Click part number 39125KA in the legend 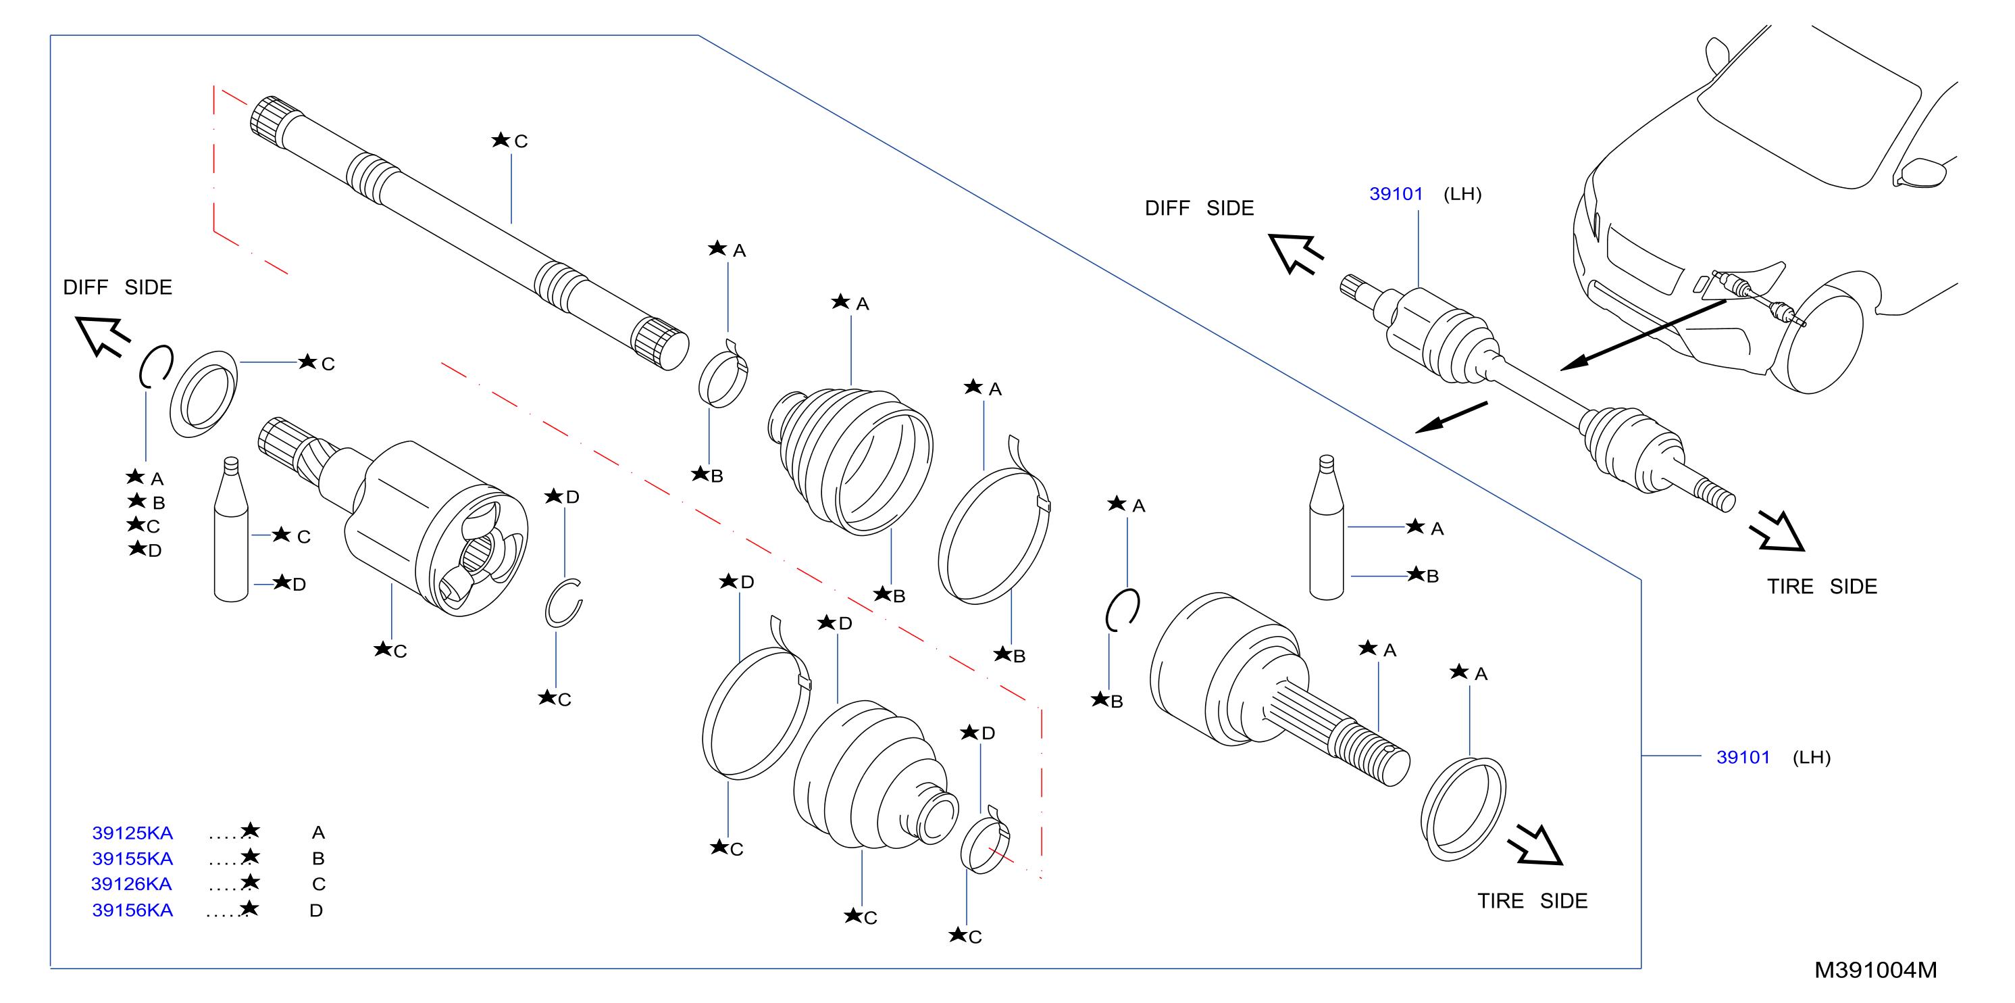pyautogui.click(x=132, y=833)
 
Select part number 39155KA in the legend pyautogui.click(x=132, y=858)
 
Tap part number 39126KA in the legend pyautogui.click(x=132, y=884)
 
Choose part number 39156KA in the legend pyautogui.click(x=132, y=910)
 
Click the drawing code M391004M pyautogui.click(x=1875, y=970)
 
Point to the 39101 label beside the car pyautogui.click(x=1396, y=194)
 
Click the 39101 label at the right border pyautogui.click(x=1743, y=758)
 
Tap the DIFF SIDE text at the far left pyautogui.click(x=118, y=287)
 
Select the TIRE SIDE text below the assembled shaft pyautogui.click(x=1822, y=587)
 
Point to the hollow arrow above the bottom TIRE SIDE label pyautogui.click(x=1536, y=846)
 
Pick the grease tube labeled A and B pyautogui.click(x=1326, y=527)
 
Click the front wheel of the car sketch pyautogui.click(x=1818, y=333)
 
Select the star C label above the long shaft pyautogui.click(x=510, y=141)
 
